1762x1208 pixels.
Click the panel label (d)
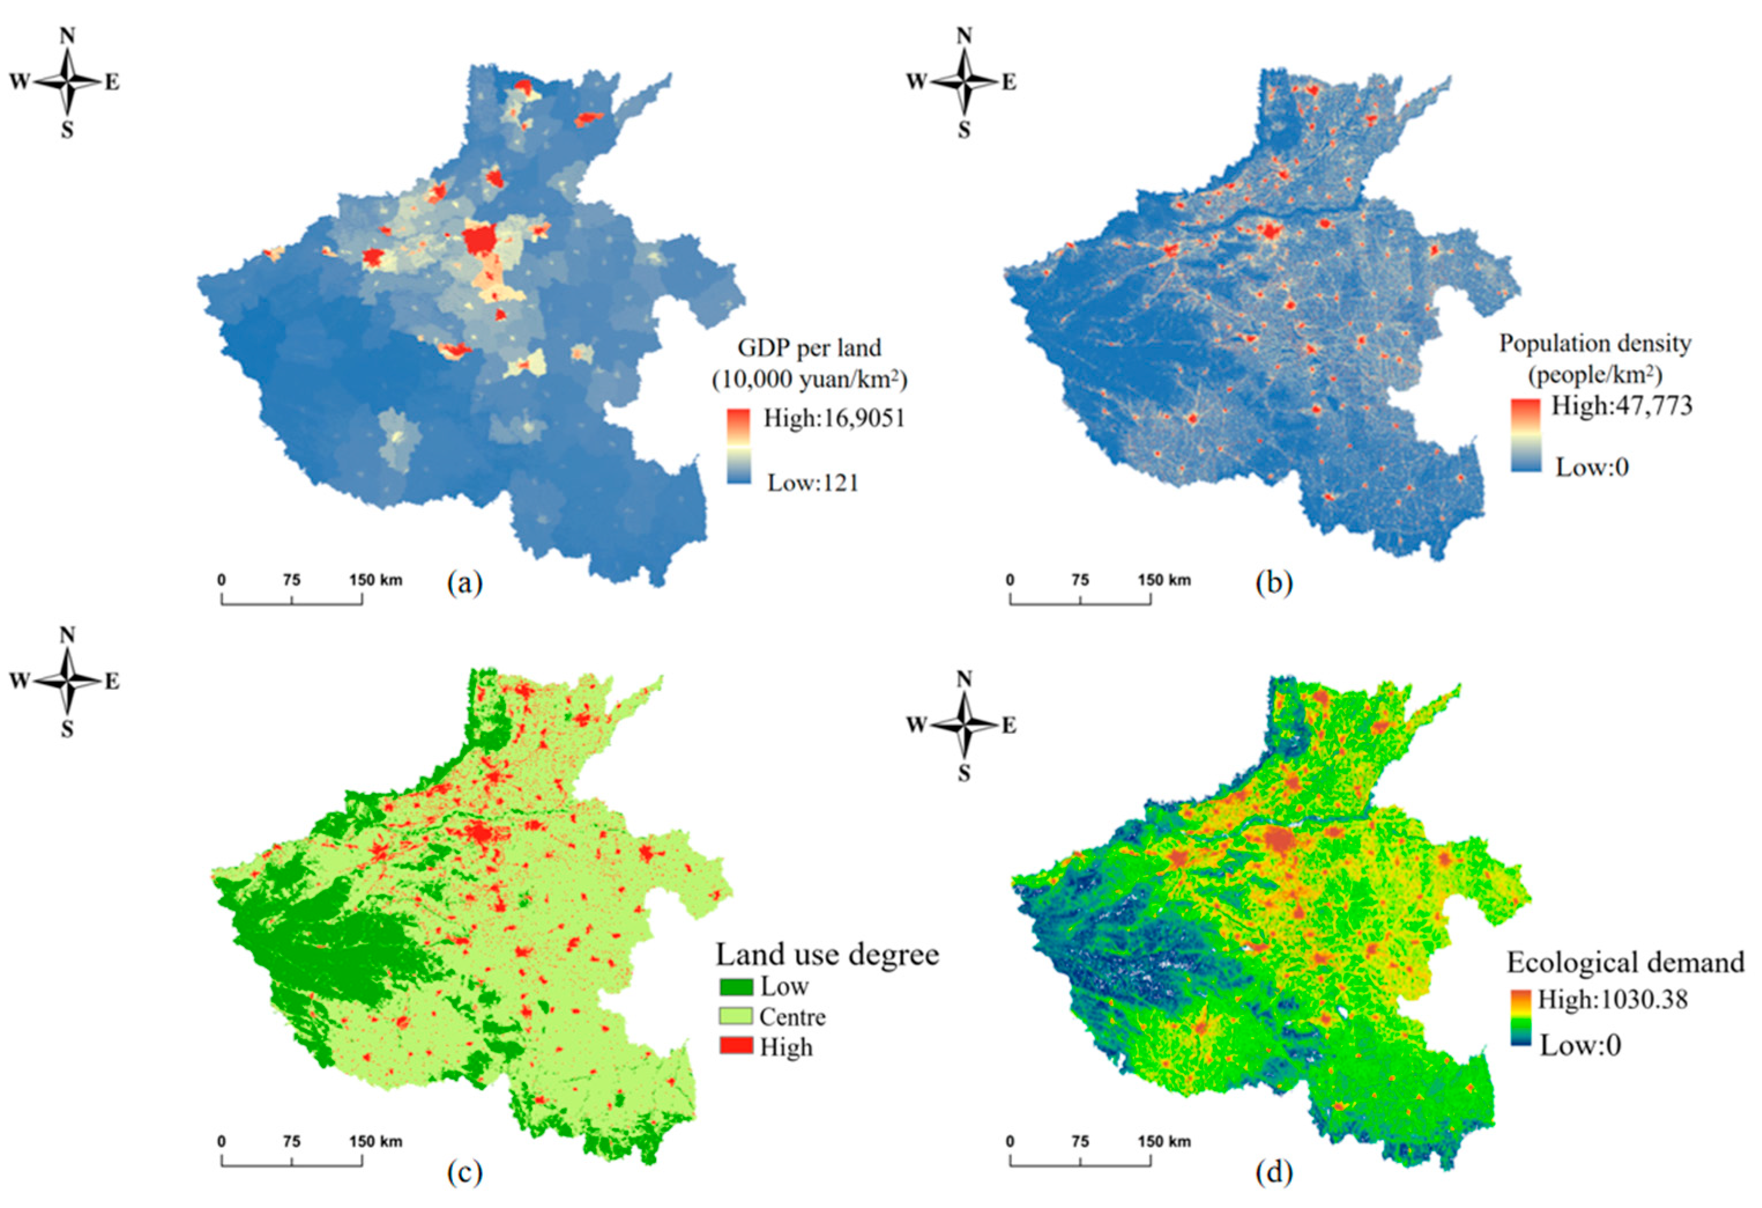point(1274,1172)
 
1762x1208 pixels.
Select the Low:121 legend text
point(812,482)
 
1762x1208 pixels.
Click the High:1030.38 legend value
point(1612,999)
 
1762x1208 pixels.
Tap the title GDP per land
point(809,348)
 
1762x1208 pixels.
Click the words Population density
point(1595,344)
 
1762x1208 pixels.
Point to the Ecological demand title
point(1625,962)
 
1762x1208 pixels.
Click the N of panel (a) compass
point(68,36)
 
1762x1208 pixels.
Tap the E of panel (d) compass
point(1008,725)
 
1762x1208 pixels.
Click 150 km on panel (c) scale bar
point(375,1141)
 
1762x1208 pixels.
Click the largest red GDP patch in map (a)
point(479,241)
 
